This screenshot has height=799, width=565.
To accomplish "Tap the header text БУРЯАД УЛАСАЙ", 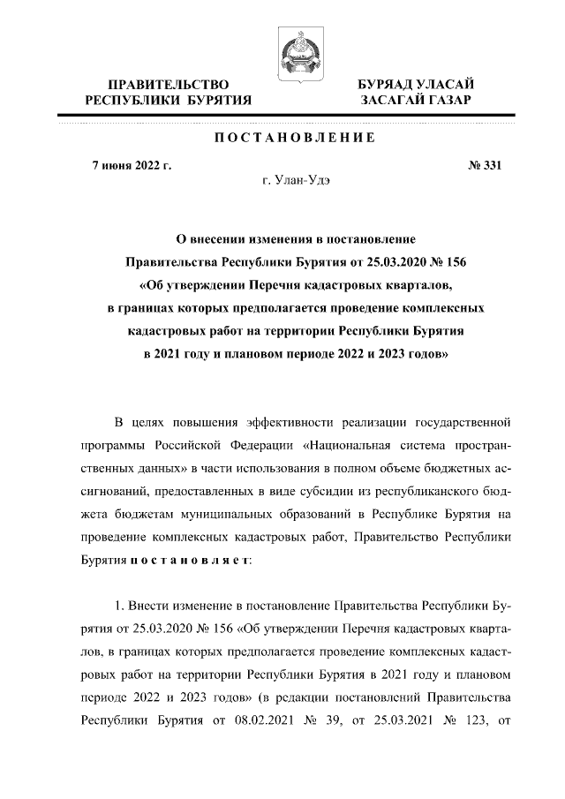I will (x=415, y=84).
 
